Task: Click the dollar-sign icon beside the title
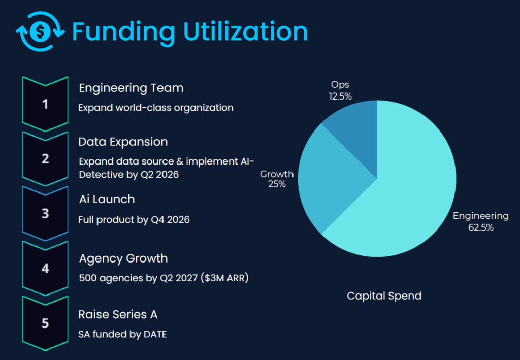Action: [x=40, y=31]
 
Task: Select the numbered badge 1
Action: [x=45, y=104]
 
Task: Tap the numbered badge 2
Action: [x=45, y=158]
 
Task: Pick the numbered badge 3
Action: [x=45, y=213]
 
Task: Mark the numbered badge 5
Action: [x=45, y=322]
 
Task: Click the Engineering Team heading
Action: [x=131, y=88]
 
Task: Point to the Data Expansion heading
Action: [x=123, y=142]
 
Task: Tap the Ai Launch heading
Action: [x=107, y=199]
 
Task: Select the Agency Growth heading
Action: [x=123, y=258]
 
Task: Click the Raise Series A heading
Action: [x=118, y=315]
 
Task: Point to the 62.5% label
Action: [x=480, y=227]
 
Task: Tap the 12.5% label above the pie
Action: [x=340, y=96]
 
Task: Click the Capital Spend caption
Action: [x=384, y=296]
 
